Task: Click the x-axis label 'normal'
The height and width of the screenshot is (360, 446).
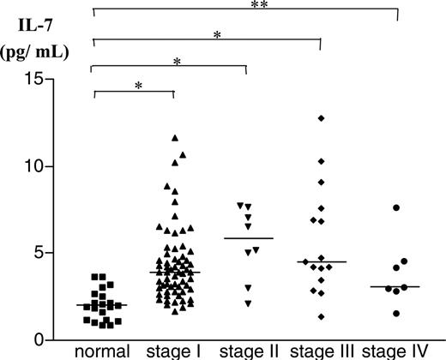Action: [102, 351]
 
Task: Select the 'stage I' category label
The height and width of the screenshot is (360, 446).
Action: [174, 351]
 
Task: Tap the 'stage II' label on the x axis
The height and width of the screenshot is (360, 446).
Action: [248, 351]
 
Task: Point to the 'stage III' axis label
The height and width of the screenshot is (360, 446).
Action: [321, 351]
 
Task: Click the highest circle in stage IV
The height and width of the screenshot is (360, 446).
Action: [397, 207]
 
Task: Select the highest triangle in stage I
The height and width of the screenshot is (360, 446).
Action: [175, 137]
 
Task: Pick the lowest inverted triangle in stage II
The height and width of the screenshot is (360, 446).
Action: [248, 303]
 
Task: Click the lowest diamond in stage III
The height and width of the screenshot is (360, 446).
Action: [321, 316]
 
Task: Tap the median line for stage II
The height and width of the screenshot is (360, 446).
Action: [248, 238]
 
